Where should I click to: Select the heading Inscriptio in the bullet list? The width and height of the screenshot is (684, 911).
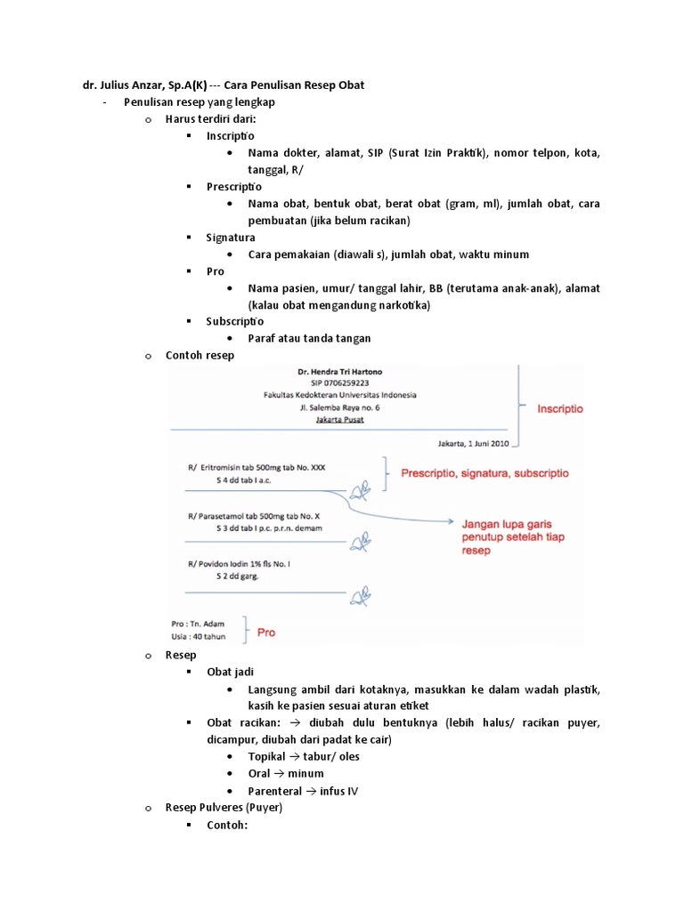230,136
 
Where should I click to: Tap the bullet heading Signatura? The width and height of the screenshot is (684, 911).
231,238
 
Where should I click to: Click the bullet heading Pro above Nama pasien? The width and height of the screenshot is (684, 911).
216,271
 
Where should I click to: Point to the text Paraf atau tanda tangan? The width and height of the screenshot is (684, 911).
309,338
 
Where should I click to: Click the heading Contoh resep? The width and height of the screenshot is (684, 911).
199,355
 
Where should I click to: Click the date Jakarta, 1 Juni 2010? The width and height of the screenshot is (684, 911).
472,442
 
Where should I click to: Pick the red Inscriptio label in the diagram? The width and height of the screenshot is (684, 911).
559,409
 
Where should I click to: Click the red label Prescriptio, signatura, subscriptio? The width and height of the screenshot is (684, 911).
484,473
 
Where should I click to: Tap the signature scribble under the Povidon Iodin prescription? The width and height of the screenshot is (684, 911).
360,592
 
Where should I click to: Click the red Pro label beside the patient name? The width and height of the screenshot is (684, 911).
265,633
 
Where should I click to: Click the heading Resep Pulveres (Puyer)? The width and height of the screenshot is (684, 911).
224,808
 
